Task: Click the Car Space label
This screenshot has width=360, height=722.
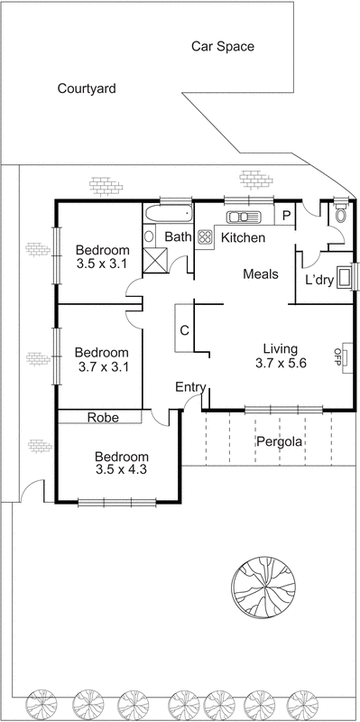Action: pos(223,46)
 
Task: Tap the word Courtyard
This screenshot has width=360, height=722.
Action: pos(87,88)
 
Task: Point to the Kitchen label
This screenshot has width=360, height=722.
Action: pos(243,238)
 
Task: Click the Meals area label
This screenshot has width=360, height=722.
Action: pos(261,274)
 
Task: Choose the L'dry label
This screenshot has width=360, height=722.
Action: pos(319,280)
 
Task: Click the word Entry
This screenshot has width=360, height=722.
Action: pos(190,387)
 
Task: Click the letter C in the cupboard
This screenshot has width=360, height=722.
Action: pos(184,330)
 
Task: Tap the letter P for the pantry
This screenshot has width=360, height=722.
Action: pos(285,216)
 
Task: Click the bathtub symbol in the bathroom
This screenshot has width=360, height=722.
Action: pos(168,216)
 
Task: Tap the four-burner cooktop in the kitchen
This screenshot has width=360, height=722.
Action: pos(205,238)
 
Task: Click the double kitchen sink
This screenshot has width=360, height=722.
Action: pos(244,216)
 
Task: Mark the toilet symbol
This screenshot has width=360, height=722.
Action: pos(339,215)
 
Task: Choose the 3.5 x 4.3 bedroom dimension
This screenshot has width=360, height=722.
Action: pos(121,469)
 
